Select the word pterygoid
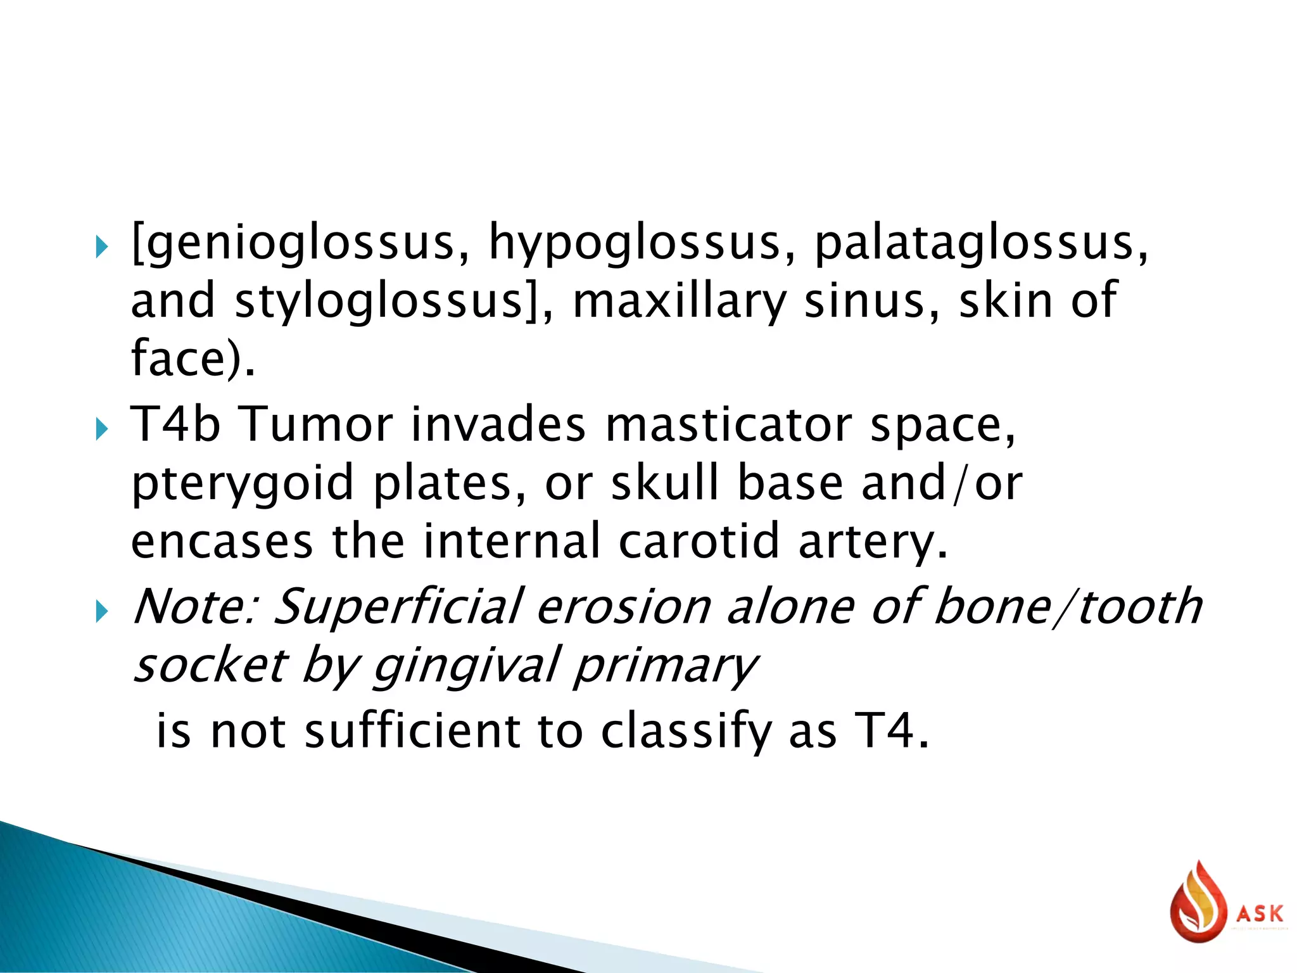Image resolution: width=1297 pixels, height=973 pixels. pyautogui.click(x=242, y=483)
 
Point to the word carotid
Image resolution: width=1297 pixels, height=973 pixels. pyautogui.click(x=699, y=542)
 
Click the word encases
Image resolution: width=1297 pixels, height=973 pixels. pyautogui.click(x=222, y=542)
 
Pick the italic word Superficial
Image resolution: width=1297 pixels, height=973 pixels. pyautogui.click(x=399, y=606)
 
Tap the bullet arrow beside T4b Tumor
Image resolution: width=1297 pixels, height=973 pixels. pyautogui.click(x=102, y=431)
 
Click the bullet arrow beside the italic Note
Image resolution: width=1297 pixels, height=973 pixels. pyautogui.click(x=102, y=613)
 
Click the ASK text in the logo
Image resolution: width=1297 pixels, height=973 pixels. pyautogui.click(x=1260, y=914)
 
